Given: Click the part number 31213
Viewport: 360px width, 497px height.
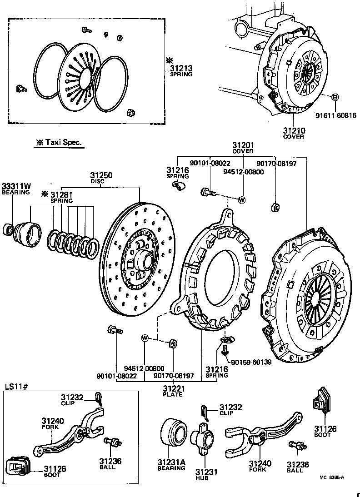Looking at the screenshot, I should coord(181,69).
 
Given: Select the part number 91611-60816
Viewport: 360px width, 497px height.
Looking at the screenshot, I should coord(336,115).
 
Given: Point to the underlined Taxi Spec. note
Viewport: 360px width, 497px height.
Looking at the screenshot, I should coord(59,142).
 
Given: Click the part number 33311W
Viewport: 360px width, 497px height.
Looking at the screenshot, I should coord(15,186).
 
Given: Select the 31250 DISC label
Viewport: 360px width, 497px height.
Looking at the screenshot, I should coord(101,178).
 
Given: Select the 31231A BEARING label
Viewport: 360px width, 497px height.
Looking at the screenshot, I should coord(171,465).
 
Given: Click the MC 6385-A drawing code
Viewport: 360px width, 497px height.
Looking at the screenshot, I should coord(331,477).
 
